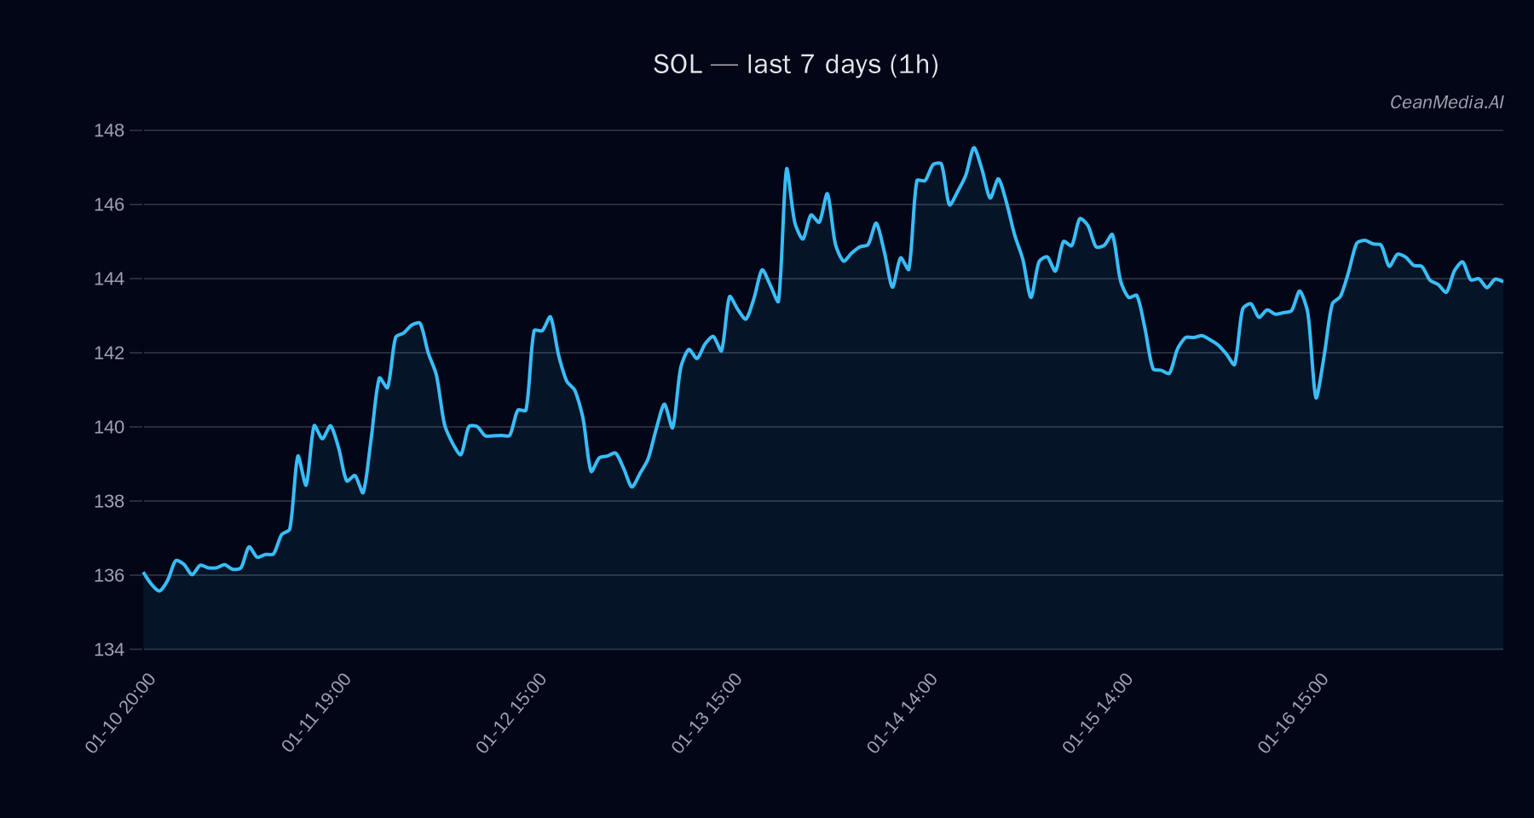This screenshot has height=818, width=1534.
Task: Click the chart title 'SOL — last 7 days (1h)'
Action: (x=795, y=65)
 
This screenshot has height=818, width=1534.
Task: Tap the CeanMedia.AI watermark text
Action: (x=1446, y=102)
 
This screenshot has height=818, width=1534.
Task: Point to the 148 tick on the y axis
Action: (x=109, y=130)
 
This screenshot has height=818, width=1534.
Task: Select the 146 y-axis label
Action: (x=109, y=204)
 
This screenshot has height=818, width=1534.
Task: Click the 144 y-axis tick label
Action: (x=109, y=279)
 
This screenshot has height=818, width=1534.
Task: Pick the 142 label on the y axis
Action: (x=109, y=353)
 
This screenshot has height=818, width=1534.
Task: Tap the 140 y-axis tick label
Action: (x=109, y=427)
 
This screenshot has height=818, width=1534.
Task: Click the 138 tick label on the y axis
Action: (x=109, y=501)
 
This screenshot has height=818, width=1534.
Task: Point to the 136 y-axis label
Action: (x=109, y=575)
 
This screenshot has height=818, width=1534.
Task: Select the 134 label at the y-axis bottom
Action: (x=109, y=649)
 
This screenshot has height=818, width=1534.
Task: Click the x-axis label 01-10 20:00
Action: (x=120, y=713)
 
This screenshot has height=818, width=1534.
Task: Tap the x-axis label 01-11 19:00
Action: (x=316, y=713)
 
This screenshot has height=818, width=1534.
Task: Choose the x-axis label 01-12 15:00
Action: (x=511, y=713)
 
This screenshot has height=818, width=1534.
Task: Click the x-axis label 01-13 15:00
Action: (x=706, y=713)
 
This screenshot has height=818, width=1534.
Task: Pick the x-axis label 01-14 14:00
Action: (x=902, y=713)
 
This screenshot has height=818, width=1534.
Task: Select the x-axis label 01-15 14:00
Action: (x=1098, y=713)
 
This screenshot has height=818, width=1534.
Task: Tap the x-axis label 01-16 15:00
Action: (x=1293, y=713)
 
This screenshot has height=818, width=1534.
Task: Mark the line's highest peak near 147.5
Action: (x=974, y=147)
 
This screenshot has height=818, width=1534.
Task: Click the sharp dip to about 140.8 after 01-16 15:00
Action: (x=1316, y=398)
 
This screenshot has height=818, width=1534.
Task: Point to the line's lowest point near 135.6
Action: (x=159, y=590)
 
